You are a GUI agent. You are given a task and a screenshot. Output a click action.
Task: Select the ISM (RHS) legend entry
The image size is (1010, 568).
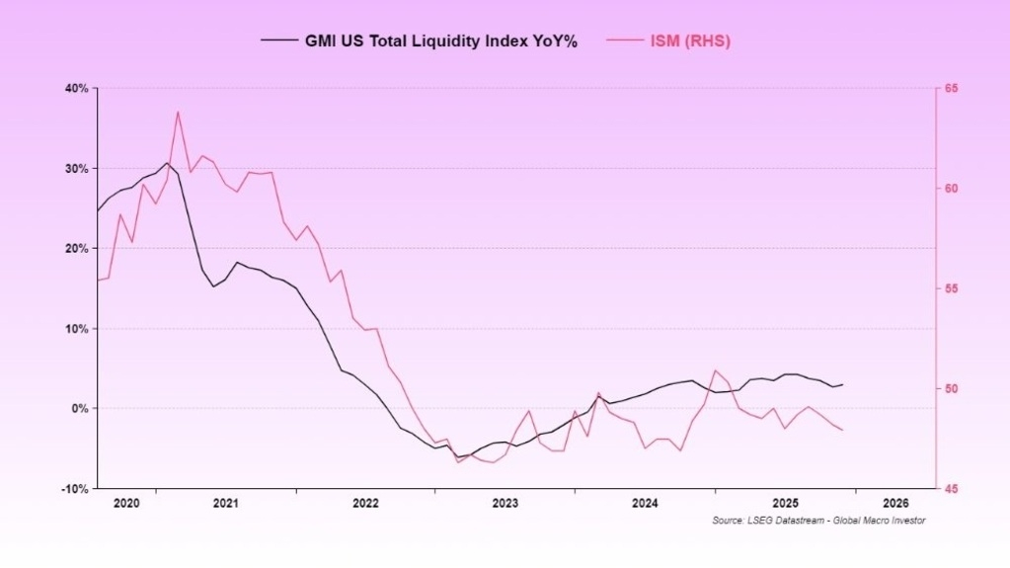[x=688, y=41]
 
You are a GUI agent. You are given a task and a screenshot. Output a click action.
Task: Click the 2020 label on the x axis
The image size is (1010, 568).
[x=127, y=503]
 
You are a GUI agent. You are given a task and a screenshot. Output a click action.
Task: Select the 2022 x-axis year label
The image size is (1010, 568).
[x=365, y=503]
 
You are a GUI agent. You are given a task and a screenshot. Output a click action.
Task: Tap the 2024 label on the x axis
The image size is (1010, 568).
[x=645, y=503]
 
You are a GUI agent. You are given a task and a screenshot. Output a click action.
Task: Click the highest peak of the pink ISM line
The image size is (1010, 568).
[x=178, y=112]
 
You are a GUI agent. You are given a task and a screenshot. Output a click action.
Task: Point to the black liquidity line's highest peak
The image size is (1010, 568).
[x=167, y=163]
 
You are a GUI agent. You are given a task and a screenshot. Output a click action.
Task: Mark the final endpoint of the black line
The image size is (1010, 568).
[x=842, y=384]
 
